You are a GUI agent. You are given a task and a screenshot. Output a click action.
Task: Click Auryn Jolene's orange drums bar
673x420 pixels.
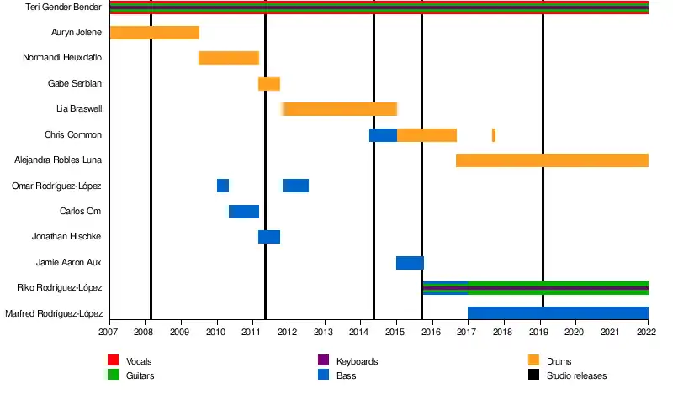pos(154,33)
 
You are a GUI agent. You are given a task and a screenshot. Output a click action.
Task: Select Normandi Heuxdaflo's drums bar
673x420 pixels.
pos(228,58)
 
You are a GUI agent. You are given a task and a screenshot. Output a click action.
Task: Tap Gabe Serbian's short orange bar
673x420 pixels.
pos(268,84)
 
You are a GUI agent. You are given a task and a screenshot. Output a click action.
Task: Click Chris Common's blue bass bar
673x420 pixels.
pos(383,135)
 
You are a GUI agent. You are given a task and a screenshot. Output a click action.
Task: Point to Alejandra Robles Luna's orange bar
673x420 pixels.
pos(552,160)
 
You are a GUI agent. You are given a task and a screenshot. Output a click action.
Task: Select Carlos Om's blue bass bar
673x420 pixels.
pos(243,212)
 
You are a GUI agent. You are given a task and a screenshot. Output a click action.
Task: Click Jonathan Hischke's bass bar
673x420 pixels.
pos(268,237)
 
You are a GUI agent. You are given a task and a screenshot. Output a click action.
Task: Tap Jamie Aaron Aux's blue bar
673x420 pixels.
pos(410,263)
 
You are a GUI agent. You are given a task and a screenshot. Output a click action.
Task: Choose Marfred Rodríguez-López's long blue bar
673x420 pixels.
pos(558,313)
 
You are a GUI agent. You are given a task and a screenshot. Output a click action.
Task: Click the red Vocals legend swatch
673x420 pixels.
pos(113,361)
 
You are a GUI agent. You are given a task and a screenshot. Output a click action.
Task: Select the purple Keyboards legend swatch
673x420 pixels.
pos(323,361)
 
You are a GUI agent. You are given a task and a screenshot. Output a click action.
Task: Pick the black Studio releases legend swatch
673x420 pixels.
pos(533,375)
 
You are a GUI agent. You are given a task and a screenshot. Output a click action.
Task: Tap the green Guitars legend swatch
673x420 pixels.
pos(113,375)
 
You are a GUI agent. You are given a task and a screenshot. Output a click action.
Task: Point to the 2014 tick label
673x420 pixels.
pos(360,333)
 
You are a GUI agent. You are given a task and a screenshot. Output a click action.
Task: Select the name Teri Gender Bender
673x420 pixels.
pos(64,8)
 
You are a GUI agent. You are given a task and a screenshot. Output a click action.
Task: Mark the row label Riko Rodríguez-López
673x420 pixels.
pos(59,288)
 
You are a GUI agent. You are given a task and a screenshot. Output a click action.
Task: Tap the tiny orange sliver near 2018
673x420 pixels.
pos(494,135)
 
